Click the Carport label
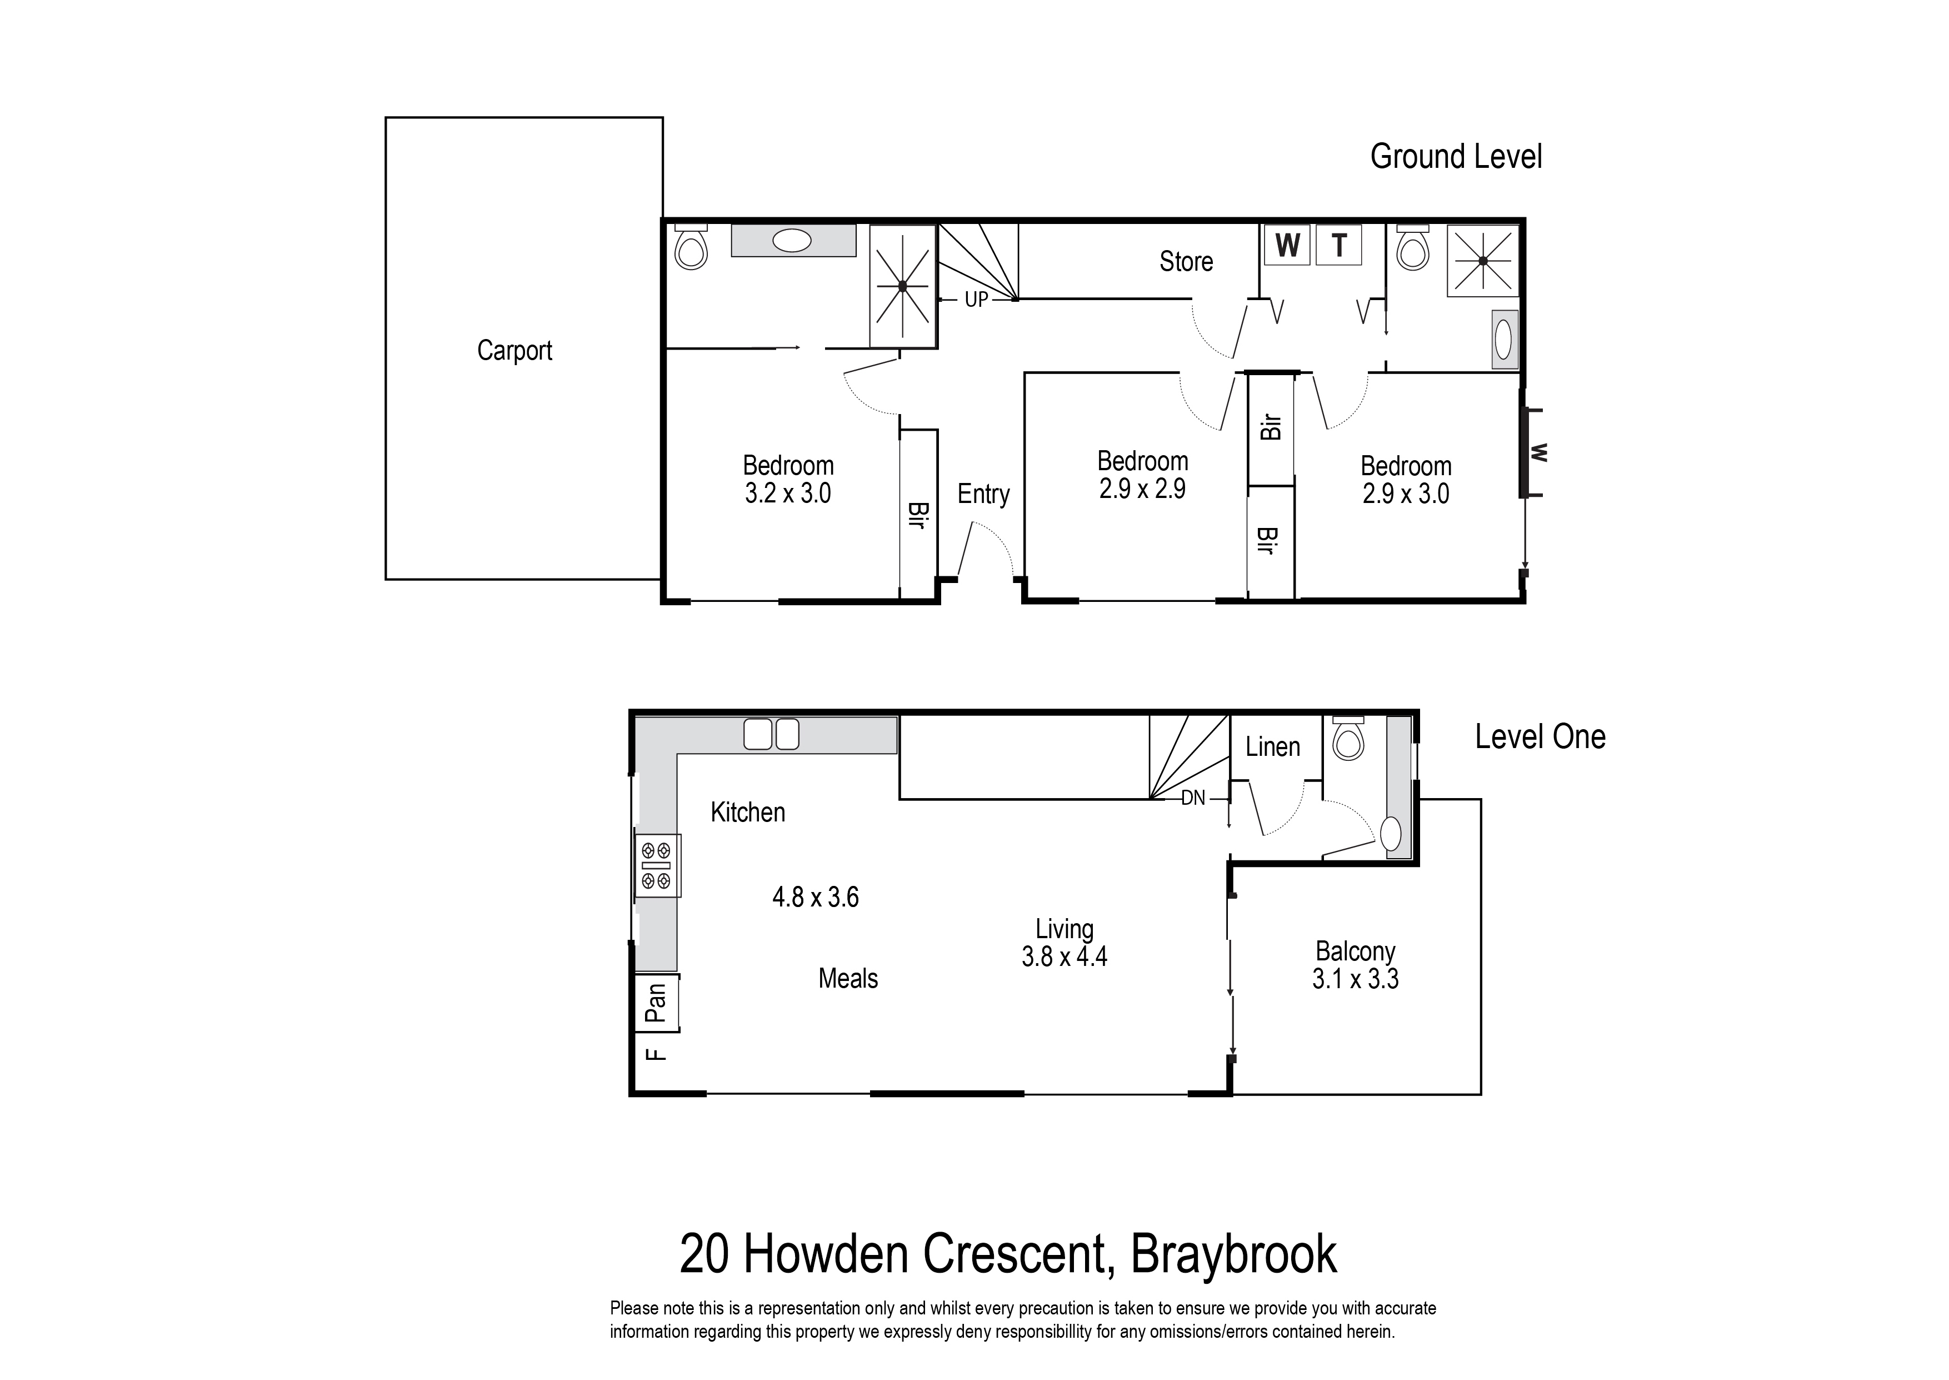point(514,350)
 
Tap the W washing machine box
point(1287,246)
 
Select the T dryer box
point(1340,246)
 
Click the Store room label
point(1186,261)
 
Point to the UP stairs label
point(976,299)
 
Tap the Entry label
point(983,494)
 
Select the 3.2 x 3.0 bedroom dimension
point(787,493)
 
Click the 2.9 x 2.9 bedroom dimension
point(1142,489)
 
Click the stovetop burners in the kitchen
point(657,865)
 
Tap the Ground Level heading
point(1456,156)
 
